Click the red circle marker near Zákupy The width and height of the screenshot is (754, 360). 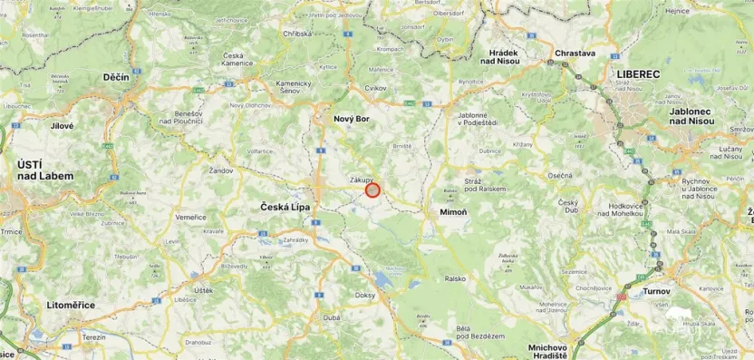tap(372, 190)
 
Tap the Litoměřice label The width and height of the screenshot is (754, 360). tap(71, 305)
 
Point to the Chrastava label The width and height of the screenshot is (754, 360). tap(575, 54)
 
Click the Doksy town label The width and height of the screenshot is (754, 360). tap(365, 296)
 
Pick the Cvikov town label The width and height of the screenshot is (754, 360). tap(374, 88)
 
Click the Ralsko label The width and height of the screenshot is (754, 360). tap(455, 279)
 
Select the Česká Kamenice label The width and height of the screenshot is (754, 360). tap(238, 59)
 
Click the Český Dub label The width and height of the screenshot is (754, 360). tap(568, 206)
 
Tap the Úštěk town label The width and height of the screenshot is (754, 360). tap(202, 289)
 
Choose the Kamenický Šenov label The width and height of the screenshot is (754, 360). tap(268, 87)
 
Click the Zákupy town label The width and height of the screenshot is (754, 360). tap(362, 180)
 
